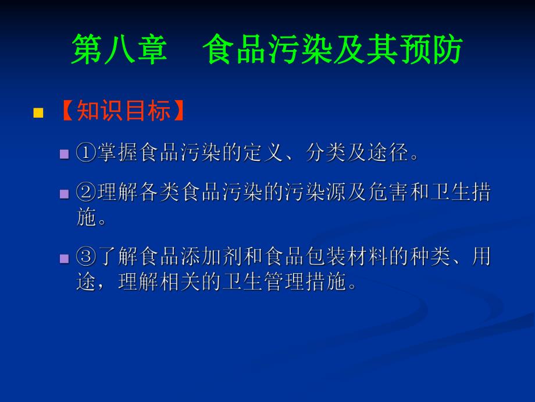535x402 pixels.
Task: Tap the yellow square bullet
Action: [38, 112]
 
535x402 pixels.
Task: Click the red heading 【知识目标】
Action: [122, 111]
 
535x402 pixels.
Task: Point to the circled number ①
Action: [85, 153]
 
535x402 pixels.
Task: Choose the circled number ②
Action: [85, 193]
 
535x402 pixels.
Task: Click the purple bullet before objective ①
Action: [65, 154]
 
